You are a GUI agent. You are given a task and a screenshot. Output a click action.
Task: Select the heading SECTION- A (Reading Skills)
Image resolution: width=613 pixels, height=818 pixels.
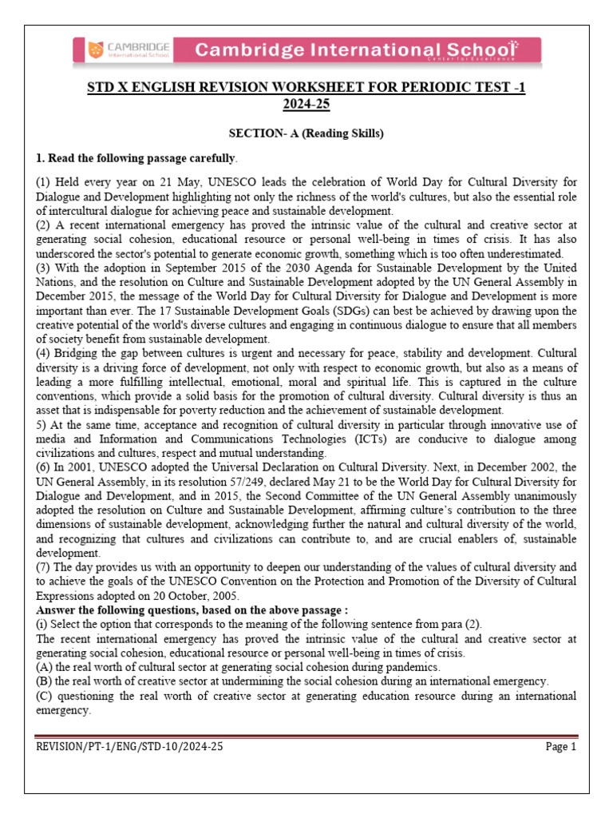click(306, 133)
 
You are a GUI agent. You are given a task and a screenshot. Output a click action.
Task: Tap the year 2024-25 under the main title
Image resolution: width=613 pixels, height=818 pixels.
click(306, 104)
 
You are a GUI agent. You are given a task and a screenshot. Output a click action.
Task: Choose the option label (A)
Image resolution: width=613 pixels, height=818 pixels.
click(45, 667)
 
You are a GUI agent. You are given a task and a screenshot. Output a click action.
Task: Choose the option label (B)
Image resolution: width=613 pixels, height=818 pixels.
click(45, 681)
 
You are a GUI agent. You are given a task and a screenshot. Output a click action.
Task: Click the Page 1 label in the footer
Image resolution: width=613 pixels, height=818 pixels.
click(560, 746)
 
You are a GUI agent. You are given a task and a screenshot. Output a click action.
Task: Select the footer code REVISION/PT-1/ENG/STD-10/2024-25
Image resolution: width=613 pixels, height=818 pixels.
click(130, 746)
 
